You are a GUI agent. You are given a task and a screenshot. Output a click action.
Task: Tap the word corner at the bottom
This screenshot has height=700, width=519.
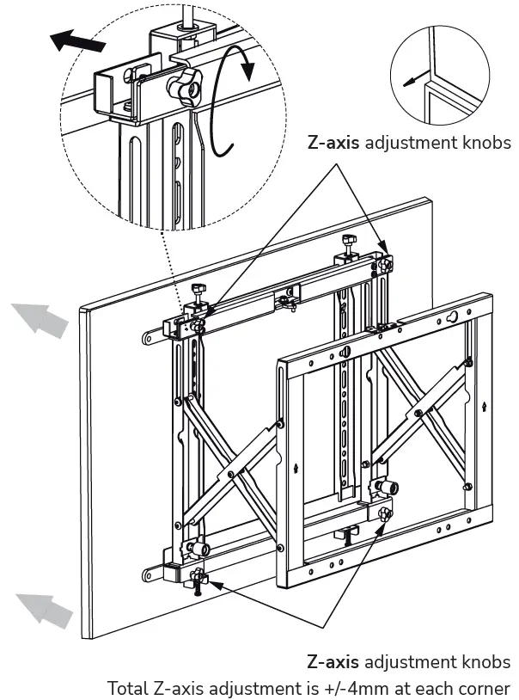(486, 688)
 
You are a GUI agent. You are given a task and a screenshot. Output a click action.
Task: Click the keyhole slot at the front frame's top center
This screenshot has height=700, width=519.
(345, 351)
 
